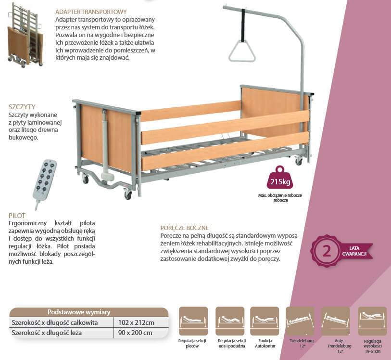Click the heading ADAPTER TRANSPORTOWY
(91, 12)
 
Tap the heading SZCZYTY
(22, 107)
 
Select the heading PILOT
(17, 216)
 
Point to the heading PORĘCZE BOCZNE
(185, 228)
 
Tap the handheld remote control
(45, 180)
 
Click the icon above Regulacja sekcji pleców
(193, 321)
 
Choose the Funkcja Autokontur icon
(265, 321)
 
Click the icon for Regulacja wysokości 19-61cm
(372, 321)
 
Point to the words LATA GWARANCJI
(355, 251)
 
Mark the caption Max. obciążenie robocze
(280, 196)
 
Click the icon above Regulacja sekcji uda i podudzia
(230, 321)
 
